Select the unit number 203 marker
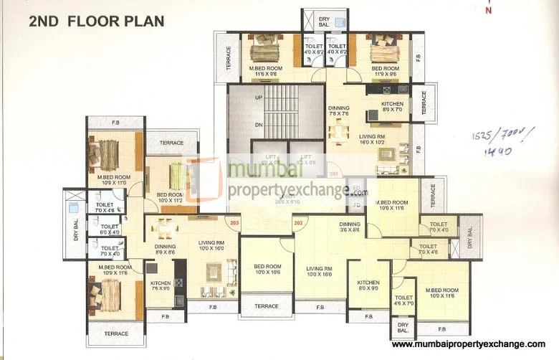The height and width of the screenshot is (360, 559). coord(234,223)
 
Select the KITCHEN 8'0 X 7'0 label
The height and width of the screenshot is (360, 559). coord(381,107)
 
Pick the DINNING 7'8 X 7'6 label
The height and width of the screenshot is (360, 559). coord(338,110)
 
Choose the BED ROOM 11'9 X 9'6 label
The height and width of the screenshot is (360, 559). coord(383,70)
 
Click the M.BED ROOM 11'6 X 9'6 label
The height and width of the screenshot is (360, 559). coord(266,70)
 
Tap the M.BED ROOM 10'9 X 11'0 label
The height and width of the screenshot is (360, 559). coord(113,180)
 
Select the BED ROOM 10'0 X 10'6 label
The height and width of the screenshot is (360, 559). coord(266,269)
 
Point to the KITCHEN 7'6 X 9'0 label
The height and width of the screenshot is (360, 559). coord(161,286)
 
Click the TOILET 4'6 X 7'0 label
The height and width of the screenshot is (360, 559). coord(404,300)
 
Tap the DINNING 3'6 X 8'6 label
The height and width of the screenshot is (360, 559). coord(350,227)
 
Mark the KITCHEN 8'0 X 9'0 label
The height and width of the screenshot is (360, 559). coord(368,286)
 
